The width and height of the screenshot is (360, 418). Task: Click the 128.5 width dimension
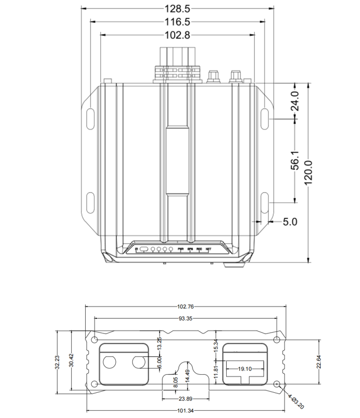(177, 9)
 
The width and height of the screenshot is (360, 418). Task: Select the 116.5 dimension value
(177, 22)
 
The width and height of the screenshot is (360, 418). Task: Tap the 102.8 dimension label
(177, 35)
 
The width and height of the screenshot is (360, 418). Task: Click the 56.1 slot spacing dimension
(295, 161)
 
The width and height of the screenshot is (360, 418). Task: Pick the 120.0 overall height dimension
(308, 173)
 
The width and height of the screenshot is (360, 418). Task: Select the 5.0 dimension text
(289, 222)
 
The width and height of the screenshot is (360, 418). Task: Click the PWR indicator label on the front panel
(180, 248)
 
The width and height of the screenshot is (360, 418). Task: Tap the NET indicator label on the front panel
(208, 248)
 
